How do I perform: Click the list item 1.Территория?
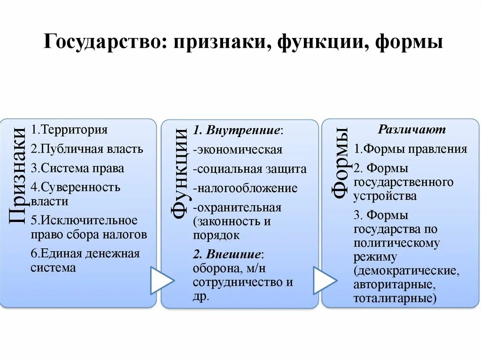coord(70,130)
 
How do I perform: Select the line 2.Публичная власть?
coord(87,149)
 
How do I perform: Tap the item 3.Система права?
coord(78,168)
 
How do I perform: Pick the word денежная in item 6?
coord(112,254)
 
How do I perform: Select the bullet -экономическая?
coord(237,150)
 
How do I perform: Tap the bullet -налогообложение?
coord(245,188)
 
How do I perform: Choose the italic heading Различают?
coord(412,130)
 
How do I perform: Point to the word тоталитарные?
coord(395,298)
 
